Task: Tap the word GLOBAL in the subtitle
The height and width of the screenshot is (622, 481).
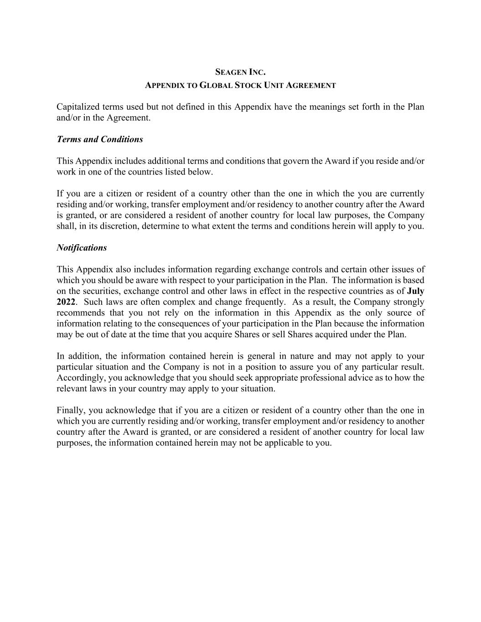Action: [x=216, y=85]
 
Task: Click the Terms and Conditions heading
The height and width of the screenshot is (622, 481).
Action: [x=100, y=139]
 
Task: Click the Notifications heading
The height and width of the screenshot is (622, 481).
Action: [x=82, y=248]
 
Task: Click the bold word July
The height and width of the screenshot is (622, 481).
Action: [x=415, y=291]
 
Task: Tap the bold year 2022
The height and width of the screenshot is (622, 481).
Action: [x=66, y=302]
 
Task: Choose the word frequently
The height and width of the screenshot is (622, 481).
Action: [x=264, y=302]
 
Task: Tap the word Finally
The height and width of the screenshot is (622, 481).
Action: [x=70, y=411]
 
